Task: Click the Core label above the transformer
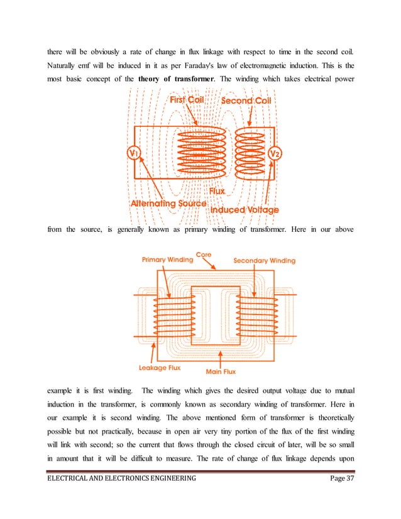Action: tap(204, 254)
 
